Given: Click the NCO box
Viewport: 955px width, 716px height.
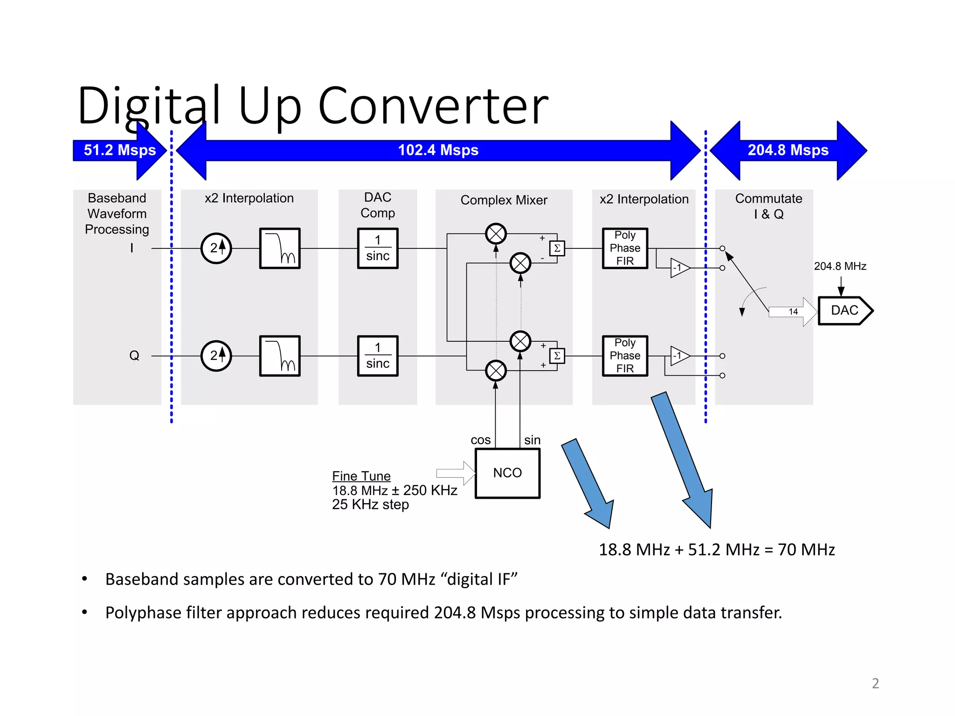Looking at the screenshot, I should point(507,473).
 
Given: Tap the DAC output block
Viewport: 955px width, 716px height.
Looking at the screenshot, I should point(844,310).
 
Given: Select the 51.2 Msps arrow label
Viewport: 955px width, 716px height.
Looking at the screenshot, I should point(120,150).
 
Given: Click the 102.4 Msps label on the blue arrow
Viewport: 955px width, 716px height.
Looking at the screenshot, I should point(438,150).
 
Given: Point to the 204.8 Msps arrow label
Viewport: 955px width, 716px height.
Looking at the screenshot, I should point(788,150).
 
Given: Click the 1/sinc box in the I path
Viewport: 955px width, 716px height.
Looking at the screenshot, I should point(378,248).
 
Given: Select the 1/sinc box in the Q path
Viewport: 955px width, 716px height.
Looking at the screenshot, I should point(378,356).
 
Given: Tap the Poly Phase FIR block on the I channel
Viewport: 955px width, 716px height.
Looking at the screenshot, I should point(625,248).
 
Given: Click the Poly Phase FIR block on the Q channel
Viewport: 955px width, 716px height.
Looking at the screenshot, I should point(625,356).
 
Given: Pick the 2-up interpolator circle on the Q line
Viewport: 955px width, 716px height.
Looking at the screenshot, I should point(216,356).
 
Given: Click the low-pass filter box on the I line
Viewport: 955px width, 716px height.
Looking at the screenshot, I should point(280,248).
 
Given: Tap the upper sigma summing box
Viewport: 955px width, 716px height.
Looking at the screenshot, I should point(557,248).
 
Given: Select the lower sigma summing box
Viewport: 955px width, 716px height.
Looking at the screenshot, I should point(557,356).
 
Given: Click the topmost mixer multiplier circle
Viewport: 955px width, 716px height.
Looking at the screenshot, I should point(496,234).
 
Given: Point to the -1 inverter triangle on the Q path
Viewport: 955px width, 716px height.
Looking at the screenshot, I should point(679,356).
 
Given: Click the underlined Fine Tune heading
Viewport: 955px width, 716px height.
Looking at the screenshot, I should point(361,476).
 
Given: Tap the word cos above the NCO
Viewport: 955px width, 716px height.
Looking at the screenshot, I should point(480,440).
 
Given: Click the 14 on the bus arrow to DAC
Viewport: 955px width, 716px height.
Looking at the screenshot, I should point(793,311).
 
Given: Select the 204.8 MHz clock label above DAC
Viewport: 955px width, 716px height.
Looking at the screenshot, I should point(840,266).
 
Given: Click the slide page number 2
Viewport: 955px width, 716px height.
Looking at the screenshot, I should point(875,683).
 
